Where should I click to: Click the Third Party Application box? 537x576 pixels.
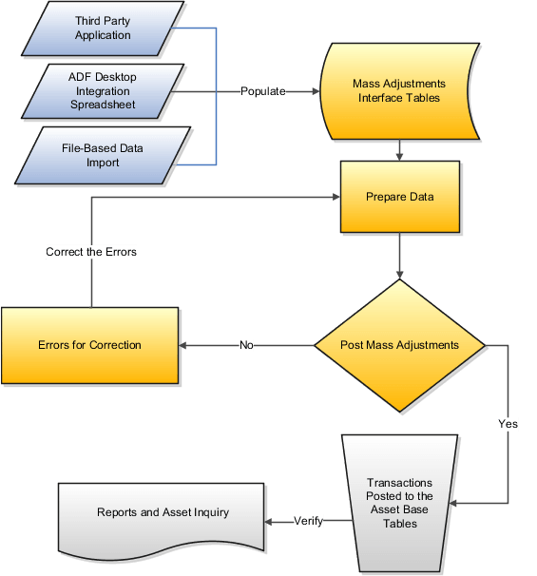[x=103, y=28]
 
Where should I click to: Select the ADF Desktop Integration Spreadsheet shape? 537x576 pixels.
[x=103, y=90]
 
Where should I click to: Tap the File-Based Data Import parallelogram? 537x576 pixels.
[x=103, y=155]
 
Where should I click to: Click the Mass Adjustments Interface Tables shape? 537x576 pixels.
[x=399, y=90]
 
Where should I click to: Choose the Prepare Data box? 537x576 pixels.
[x=400, y=197]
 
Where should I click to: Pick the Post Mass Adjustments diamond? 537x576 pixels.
[x=399, y=345]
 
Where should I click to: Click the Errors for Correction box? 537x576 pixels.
[x=89, y=345]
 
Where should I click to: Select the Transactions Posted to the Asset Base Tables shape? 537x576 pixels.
[x=399, y=503]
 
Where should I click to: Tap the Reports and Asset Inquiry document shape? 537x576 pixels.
[x=163, y=513]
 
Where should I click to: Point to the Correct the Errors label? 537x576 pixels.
[x=91, y=253]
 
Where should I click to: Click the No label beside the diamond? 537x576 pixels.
[x=246, y=345]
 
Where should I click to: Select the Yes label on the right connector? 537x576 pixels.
[x=508, y=424]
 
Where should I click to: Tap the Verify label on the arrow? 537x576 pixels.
[x=308, y=521]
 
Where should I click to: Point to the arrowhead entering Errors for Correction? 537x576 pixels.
[x=184, y=345]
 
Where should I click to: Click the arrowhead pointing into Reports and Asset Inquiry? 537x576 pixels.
[x=271, y=521]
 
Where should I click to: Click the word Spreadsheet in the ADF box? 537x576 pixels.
[x=103, y=104]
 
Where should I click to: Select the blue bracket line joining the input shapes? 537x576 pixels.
[x=217, y=91]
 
